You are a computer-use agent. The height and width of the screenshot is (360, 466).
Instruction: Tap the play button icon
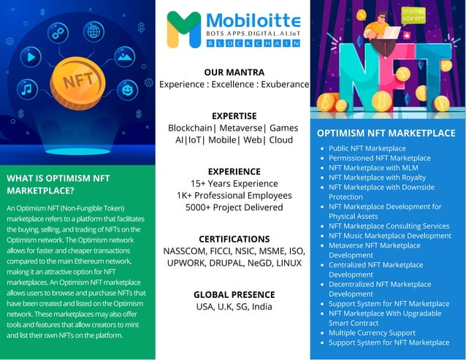point(30,55)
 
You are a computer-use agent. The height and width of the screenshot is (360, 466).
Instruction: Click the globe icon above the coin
point(93,31)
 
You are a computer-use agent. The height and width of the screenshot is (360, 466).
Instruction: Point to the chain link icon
point(58,34)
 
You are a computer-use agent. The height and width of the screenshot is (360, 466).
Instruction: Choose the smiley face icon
point(128,91)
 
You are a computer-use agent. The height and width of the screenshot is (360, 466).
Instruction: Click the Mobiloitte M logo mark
point(183,30)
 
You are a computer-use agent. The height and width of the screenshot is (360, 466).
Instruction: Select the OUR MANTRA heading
point(234,72)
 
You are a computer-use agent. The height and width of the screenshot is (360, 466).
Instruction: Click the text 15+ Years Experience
point(234,183)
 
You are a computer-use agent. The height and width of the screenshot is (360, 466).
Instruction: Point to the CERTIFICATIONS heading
point(234,239)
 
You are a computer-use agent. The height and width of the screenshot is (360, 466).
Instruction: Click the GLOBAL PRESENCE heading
point(234,294)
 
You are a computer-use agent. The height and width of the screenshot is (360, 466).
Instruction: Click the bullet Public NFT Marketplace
point(367,148)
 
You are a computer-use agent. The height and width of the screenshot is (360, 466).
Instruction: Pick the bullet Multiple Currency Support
point(371,332)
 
